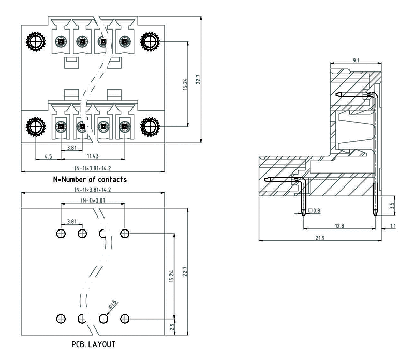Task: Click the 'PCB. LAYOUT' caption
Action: click(x=93, y=344)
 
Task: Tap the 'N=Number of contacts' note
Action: click(x=90, y=180)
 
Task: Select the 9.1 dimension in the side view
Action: click(x=356, y=61)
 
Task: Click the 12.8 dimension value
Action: click(x=339, y=225)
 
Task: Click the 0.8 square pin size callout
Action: click(x=315, y=211)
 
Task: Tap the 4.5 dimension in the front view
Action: click(x=48, y=155)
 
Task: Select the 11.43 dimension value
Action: click(x=93, y=155)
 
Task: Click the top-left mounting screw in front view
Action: click(x=35, y=41)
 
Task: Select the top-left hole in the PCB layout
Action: click(x=61, y=234)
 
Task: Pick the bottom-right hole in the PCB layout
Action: click(x=124, y=318)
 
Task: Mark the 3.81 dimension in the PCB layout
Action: click(x=71, y=221)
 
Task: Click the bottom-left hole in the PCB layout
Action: click(x=61, y=318)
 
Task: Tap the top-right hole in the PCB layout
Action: click(x=124, y=234)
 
